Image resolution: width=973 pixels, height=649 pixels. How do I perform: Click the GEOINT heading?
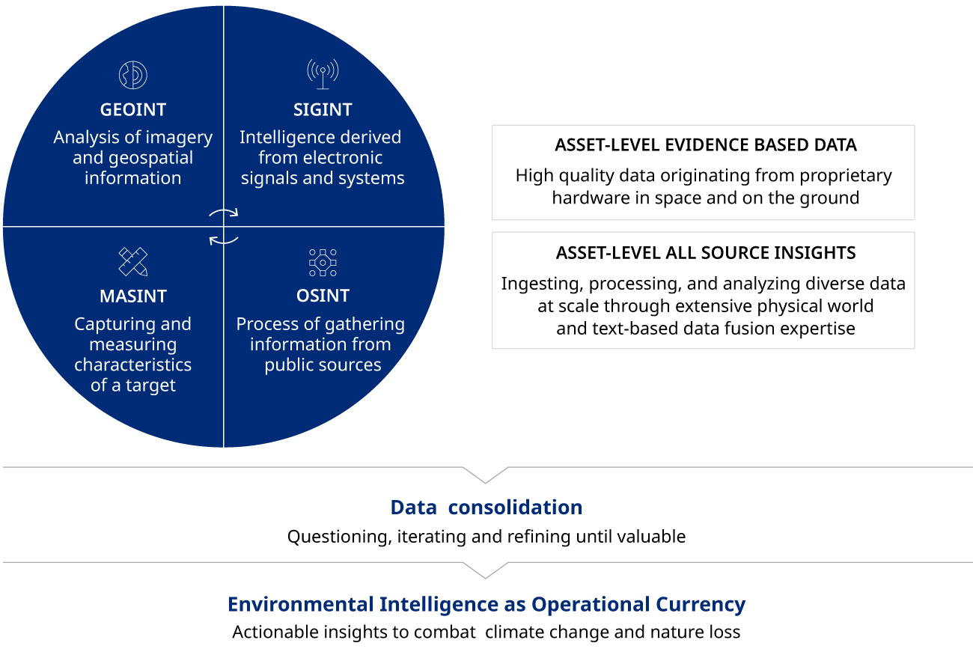(133, 109)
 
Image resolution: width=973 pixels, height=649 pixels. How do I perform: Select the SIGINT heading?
(323, 109)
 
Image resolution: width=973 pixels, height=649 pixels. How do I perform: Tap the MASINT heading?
(133, 296)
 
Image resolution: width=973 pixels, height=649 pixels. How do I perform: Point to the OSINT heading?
(323, 296)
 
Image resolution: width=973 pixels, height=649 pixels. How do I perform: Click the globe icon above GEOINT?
(133, 75)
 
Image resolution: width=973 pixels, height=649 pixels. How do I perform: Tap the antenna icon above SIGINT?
(323, 73)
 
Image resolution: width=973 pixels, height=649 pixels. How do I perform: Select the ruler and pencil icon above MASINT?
(133, 262)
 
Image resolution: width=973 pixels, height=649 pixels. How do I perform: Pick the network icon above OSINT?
(323, 263)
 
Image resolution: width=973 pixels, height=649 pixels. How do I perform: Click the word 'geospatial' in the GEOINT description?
(151, 158)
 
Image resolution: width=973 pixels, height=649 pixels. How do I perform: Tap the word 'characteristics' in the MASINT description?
(133, 365)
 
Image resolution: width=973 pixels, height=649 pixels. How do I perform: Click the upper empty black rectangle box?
(703, 173)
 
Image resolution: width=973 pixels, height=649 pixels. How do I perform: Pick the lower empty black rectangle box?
(703, 290)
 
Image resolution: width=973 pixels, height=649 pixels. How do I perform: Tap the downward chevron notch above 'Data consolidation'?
(485, 476)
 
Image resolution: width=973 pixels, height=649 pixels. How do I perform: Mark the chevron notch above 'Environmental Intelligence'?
(485, 571)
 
